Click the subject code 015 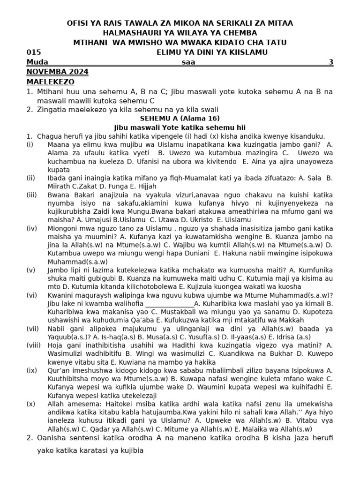coord(34,52)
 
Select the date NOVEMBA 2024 coord(58,72)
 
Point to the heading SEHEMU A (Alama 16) coord(180,118)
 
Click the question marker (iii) coord(32,195)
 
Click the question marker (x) coord(31,404)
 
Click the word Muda coord(37,62)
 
